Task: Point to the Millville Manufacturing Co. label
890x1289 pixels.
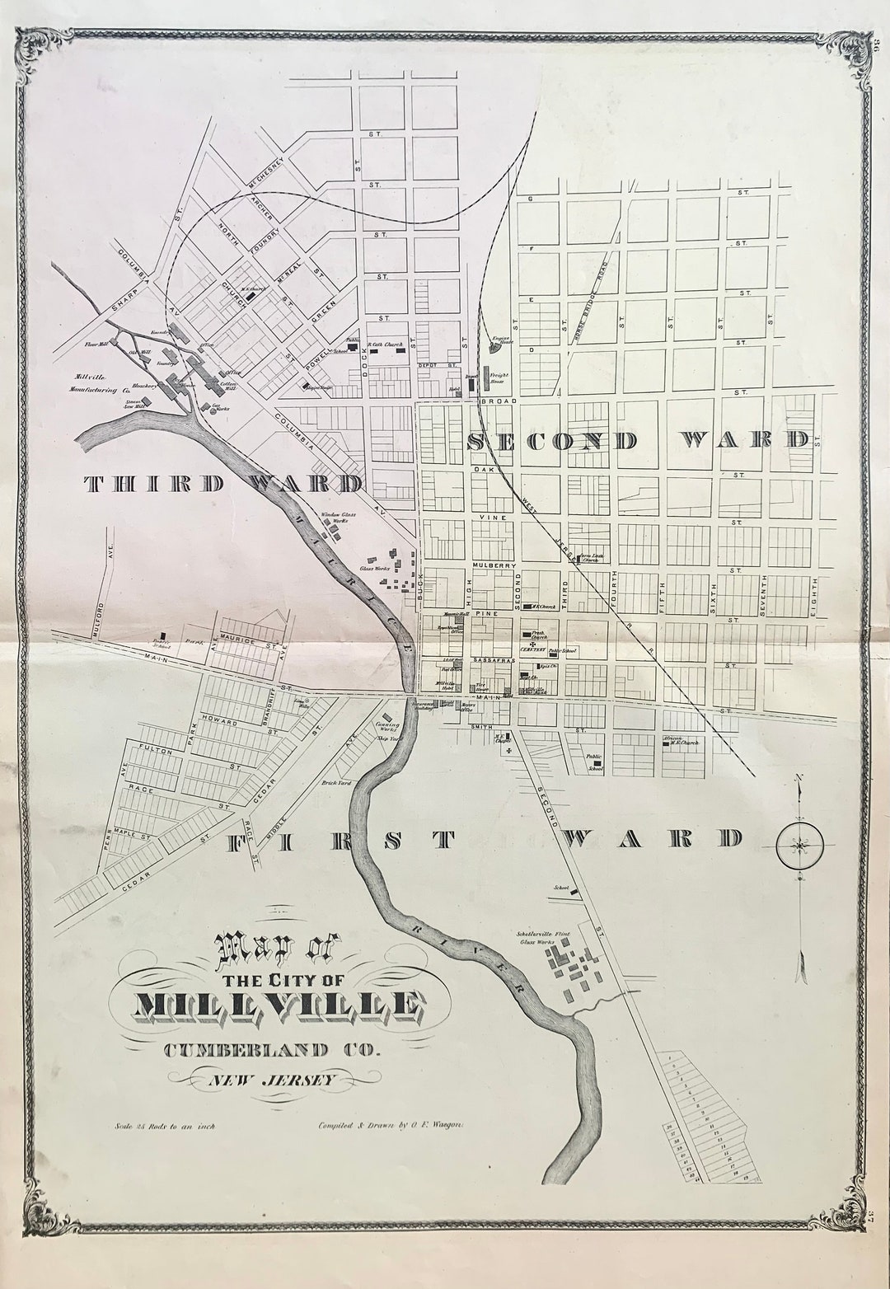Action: [x=97, y=380]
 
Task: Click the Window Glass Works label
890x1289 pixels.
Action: [x=335, y=517]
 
